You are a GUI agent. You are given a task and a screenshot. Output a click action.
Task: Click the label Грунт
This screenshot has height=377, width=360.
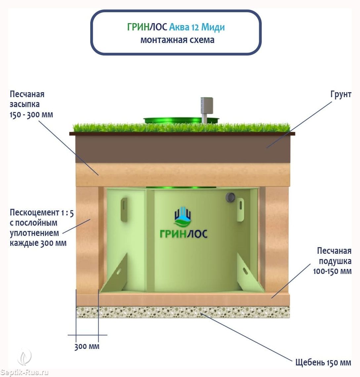pos(341,94)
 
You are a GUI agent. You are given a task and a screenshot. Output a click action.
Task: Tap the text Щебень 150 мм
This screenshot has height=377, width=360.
pos(323,362)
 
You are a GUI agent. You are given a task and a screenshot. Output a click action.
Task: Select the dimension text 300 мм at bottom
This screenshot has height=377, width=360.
pos(87,347)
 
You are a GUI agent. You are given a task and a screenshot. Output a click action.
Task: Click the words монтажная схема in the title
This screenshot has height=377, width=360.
pos(177,40)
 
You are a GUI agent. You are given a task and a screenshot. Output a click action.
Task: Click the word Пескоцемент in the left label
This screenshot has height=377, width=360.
pos(34,212)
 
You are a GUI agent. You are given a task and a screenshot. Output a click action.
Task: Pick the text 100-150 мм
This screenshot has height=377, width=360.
pos(332,271)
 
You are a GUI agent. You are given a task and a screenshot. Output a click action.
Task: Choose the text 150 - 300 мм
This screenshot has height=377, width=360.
pos(31,115)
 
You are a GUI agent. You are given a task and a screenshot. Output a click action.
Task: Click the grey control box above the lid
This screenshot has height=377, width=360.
pos(207,106)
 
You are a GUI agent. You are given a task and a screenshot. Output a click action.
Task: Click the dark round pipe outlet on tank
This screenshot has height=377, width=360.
pos(230,197)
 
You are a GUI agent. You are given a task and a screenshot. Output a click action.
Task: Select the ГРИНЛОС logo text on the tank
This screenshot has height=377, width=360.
pos(183,234)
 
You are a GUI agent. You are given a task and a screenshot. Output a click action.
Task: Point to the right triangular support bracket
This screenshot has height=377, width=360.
pos(250,273)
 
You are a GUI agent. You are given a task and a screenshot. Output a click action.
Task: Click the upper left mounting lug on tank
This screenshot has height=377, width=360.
pos(124,209)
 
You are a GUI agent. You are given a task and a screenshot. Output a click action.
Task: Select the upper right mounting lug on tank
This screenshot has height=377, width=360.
pos(240,209)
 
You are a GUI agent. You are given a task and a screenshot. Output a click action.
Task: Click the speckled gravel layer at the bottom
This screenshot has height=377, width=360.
pos(183,312)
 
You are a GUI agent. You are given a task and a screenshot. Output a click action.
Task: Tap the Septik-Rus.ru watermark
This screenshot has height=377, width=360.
pos(24,372)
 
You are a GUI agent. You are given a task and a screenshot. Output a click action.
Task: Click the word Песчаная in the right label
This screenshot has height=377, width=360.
pos(334,251)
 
